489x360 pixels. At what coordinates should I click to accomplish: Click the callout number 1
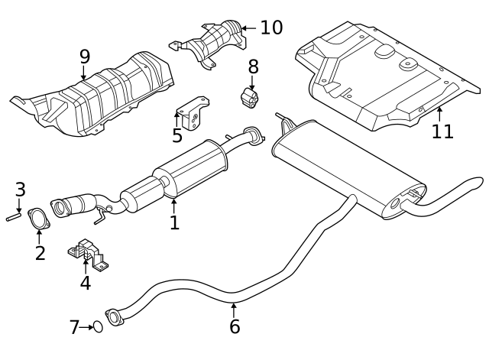[174, 222]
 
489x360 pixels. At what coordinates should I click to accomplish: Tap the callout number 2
[40, 251]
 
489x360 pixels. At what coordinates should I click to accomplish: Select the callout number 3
[20, 189]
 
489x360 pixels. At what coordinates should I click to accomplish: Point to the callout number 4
[85, 283]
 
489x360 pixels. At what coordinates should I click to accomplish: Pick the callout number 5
[177, 136]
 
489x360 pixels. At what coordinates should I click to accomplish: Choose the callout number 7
[74, 328]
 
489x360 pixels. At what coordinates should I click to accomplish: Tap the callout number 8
[253, 66]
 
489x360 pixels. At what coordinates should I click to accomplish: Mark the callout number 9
[84, 56]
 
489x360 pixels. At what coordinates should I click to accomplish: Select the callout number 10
[270, 28]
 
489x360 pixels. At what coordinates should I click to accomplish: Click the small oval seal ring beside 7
[98, 328]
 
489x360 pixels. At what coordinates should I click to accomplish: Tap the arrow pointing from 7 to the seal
[86, 328]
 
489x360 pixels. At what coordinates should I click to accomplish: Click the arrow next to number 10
[249, 28]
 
